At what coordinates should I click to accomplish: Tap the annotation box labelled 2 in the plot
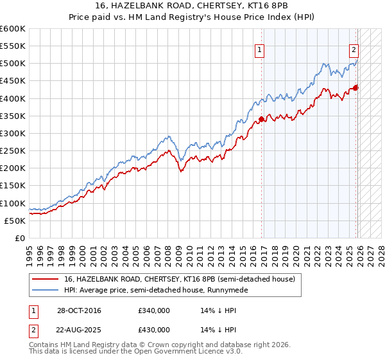point(354,50)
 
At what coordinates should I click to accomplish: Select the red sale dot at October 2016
point(262,119)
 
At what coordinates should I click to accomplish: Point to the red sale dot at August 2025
point(356,88)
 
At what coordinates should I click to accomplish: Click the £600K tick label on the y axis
point(13,29)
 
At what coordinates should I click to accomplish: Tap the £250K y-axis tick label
point(13,150)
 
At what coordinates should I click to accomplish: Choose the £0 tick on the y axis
point(19,238)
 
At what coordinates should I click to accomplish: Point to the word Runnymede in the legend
point(226,290)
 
